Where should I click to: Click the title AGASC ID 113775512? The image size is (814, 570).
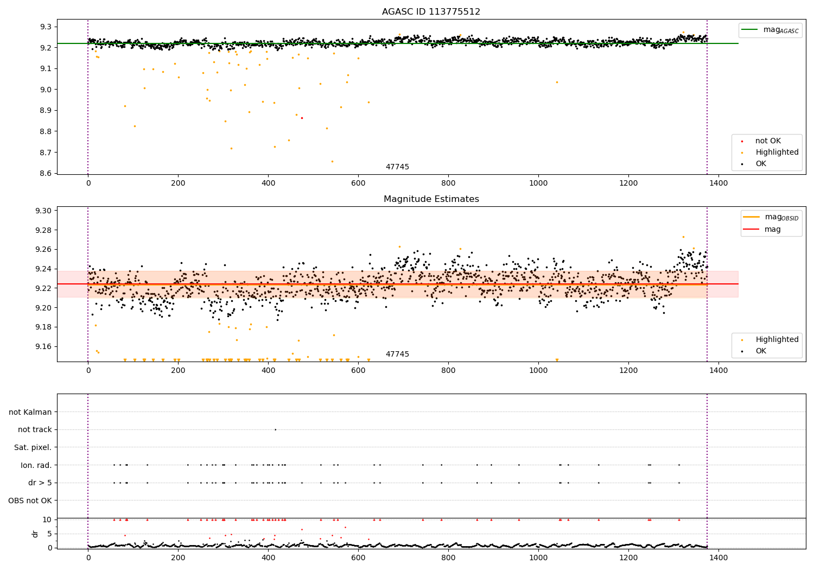click(431, 12)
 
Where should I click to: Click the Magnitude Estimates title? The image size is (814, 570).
click(431, 199)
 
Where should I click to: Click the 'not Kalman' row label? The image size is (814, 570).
click(30, 412)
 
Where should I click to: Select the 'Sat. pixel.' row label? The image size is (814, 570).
click(33, 447)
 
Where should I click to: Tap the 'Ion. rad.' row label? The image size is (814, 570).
click(36, 465)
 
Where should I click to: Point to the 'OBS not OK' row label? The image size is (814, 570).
click(30, 501)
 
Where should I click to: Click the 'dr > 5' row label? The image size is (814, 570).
click(40, 483)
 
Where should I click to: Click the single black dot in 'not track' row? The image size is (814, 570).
click(275, 429)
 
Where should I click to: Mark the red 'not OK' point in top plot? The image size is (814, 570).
click(302, 118)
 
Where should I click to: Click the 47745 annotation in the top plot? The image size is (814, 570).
click(397, 167)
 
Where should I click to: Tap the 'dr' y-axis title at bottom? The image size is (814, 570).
click(35, 534)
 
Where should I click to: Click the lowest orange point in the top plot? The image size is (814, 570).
click(332, 161)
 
